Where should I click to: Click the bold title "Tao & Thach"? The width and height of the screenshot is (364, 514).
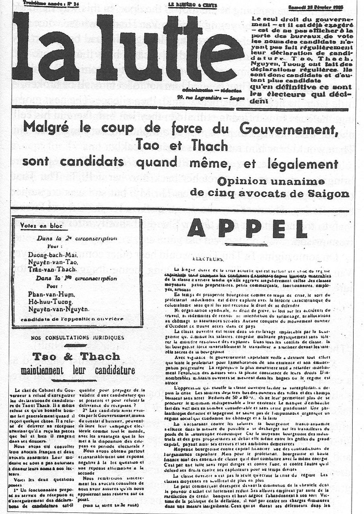76,357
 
